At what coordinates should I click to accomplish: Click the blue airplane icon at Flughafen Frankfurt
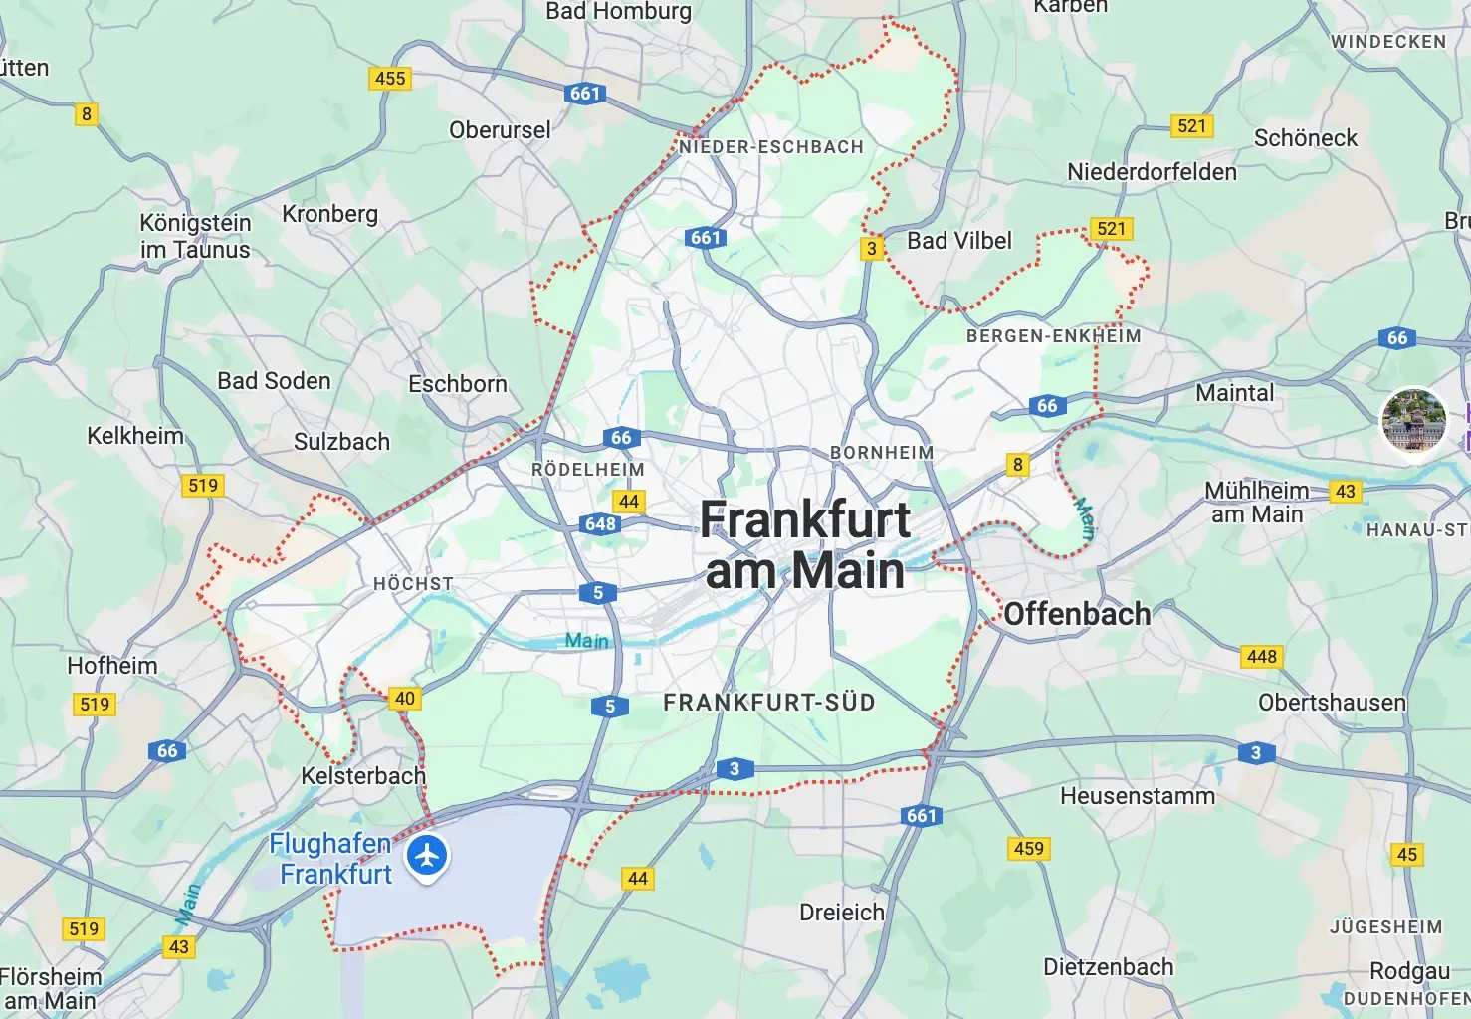click(428, 855)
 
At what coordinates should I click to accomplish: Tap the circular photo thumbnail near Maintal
click(1413, 419)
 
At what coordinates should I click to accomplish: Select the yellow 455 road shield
click(390, 78)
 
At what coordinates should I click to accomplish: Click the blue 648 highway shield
click(600, 524)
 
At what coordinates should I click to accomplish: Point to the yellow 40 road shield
click(405, 698)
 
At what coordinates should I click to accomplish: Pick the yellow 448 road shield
click(1261, 657)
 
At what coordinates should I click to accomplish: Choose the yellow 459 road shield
click(1028, 848)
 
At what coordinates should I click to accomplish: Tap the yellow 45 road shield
click(1407, 854)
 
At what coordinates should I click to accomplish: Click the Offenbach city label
click(1077, 614)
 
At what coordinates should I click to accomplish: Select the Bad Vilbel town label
click(958, 241)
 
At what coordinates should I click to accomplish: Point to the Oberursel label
click(500, 130)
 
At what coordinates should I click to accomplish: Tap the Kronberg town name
click(329, 214)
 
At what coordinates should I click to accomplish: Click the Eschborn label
click(458, 384)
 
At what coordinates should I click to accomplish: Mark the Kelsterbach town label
click(363, 775)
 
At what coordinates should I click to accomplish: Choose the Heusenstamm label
click(1138, 796)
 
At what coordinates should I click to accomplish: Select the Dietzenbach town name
click(1108, 966)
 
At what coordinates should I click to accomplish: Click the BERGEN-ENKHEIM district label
click(1053, 336)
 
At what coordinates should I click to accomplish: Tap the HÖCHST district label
click(413, 584)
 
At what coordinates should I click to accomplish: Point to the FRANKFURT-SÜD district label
click(769, 703)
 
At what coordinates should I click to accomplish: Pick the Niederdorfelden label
click(1152, 172)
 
